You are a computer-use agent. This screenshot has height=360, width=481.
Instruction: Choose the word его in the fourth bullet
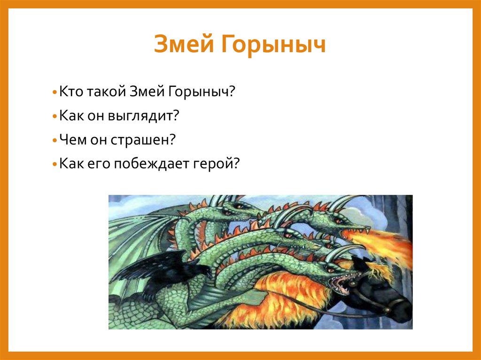coord(104,164)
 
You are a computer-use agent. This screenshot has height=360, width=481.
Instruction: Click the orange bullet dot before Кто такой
coord(55,92)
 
